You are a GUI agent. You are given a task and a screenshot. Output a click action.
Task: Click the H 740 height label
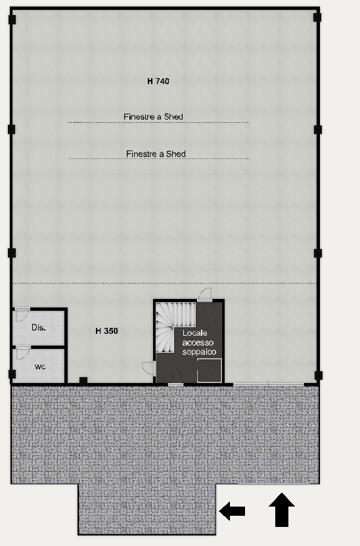(158, 81)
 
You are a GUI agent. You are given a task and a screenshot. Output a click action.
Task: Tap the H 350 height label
(106, 330)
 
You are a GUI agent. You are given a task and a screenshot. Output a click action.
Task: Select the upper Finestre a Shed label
(153, 117)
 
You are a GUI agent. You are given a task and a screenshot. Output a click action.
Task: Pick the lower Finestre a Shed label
(156, 154)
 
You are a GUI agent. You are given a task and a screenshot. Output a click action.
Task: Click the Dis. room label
(39, 327)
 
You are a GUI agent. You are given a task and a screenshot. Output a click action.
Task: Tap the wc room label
(40, 367)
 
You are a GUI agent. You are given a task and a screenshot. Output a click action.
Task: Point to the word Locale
(194, 333)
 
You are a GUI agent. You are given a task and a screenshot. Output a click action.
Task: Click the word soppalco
(199, 352)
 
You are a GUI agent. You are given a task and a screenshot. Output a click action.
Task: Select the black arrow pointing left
(232, 511)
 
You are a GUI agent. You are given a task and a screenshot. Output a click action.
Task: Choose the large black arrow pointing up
(282, 509)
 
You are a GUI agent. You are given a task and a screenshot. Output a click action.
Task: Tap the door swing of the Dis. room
(22, 315)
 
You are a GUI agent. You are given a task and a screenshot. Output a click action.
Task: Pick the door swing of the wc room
(22, 353)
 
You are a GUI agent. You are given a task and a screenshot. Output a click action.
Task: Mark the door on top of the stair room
(205, 294)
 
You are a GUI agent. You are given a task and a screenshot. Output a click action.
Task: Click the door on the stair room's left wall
(148, 368)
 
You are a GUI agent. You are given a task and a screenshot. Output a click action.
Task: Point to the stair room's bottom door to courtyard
(176, 378)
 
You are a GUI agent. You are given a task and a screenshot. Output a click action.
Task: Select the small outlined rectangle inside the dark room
(210, 370)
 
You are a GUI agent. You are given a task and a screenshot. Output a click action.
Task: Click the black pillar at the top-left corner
(12, 20)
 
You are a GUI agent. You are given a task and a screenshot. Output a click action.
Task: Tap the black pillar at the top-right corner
(317, 17)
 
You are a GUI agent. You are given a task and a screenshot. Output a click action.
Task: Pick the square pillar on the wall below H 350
(83, 380)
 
